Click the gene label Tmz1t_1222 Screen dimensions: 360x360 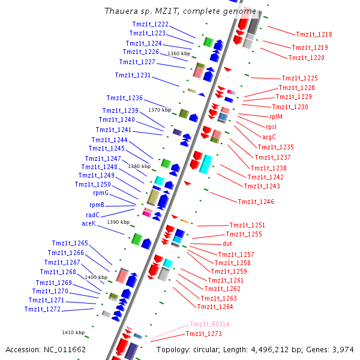click(x=150, y=24)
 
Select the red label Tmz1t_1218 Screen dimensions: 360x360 click(x=314, y=35)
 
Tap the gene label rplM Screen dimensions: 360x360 click(x=276, y=116)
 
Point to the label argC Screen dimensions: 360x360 click(x=269, y=137)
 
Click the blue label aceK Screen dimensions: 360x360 click(x=88, y=223)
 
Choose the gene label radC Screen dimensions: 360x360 click(x=92, y=215)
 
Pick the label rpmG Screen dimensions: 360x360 click(x=100, y=193)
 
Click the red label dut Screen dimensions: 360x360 click(x=227, y=244)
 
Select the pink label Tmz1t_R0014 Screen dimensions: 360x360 click(x=209, y=324)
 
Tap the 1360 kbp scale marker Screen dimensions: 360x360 click(x=178, y=54)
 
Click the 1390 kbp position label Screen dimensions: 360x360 click(x=118, y=222)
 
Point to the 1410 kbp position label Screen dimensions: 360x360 click(x=73, y=332)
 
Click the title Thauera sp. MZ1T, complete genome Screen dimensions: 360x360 click(x=180, y=11)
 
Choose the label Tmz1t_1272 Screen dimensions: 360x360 click(x=42, y=309)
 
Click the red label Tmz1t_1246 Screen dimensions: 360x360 click(x=256, y=202)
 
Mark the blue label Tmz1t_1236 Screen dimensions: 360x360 click(x=124, y=98)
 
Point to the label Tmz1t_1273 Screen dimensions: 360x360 click(x=203, y=334)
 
